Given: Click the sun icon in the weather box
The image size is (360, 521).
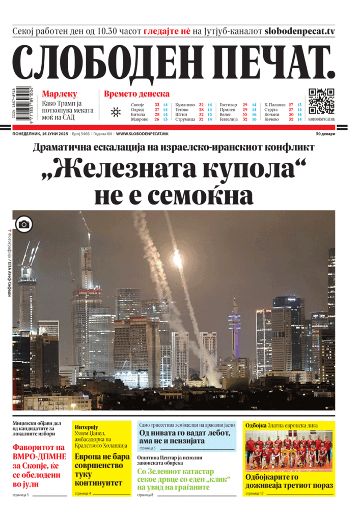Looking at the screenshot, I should click(116, 112).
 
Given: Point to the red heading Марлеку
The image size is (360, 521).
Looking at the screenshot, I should click(60, 94).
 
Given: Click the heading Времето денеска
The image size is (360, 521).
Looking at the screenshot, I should click(136, 94).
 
